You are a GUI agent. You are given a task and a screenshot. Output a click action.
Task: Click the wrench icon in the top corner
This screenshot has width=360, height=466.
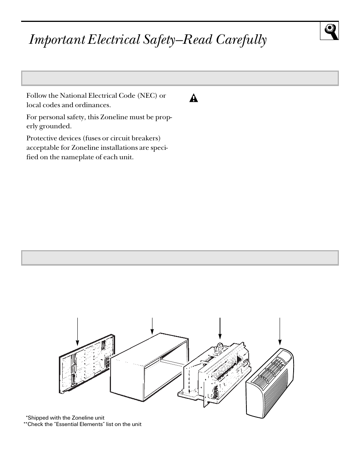[329, 31]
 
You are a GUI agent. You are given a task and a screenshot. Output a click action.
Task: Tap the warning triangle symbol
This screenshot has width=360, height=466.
[193, 98]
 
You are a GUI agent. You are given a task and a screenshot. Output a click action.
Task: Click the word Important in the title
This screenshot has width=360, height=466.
[57, 40]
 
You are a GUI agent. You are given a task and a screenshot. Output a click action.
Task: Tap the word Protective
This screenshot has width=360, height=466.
[41, 138]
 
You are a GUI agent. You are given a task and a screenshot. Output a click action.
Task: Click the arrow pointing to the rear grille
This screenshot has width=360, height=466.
[77, 331]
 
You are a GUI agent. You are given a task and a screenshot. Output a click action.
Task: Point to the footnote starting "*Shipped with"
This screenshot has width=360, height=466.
[65, 418]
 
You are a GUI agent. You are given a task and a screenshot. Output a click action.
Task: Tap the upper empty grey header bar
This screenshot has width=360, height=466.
[180, 78]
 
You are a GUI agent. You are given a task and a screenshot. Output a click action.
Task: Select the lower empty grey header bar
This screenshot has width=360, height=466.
[180, 258]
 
